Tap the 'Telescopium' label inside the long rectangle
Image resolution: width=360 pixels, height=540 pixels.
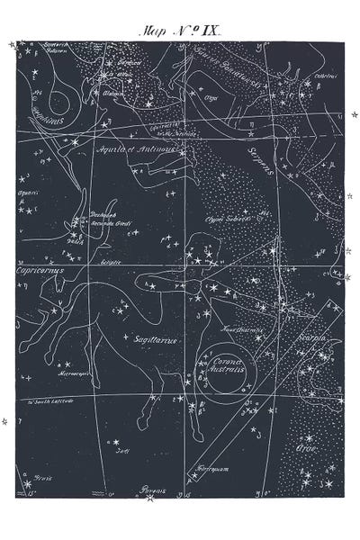click(x=210, y=466)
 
